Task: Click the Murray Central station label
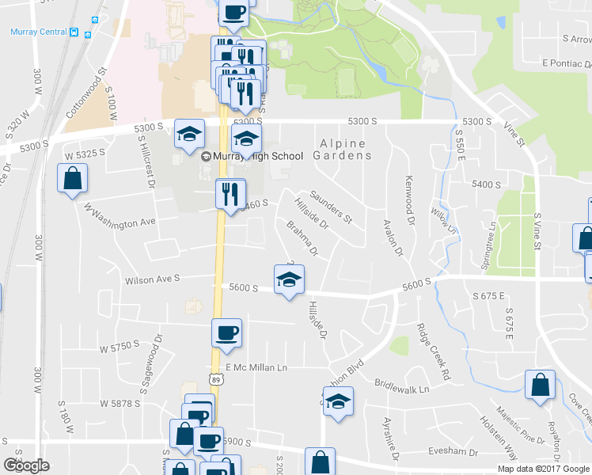point(38,32)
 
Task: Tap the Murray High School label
point(253,156)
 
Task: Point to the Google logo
point(27,465)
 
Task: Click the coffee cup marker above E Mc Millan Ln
point(226,333)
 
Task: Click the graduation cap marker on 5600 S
point(289,279)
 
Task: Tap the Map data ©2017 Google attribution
point(543,469)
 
